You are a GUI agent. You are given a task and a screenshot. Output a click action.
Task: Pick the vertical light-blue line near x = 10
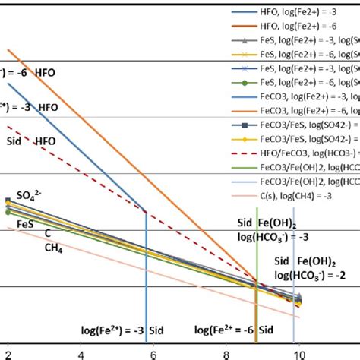[x=294, y=319]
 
